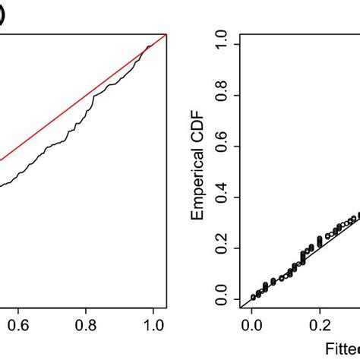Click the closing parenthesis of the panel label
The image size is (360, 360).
click(3, 16)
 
